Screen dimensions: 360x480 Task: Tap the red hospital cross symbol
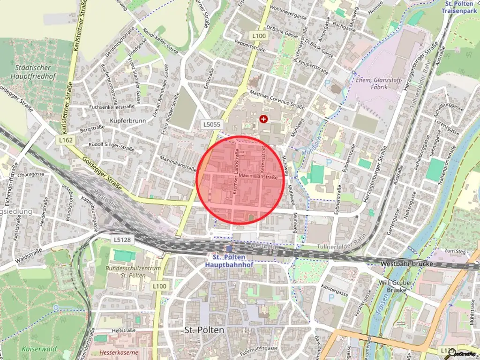(264, 119)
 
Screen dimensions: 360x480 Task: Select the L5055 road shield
(212, 124)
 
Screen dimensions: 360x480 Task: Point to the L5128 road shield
(121, 240)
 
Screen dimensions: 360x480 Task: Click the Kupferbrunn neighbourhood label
(128, 120)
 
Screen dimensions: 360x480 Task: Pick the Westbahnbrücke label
(405, 264)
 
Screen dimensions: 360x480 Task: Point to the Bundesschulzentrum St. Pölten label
(133, 271)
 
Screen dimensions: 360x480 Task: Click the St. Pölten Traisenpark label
(460, 7)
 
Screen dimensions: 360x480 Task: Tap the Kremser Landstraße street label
(236, 170)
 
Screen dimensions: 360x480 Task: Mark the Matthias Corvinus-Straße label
(277, 99)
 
